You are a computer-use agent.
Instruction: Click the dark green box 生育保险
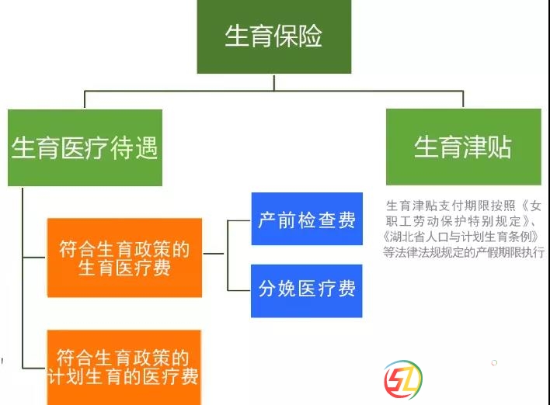pyautogui.click(x=274, y=36)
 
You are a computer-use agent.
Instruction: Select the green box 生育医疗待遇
pyautogui.click(x=85, y=147)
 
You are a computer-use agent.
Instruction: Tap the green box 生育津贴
pyautogui.click(x=463, y=147)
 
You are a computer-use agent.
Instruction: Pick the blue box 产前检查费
pyautogui.click(x=307, y=219)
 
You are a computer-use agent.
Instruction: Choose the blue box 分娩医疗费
pyautogui.click(x=307, y=291)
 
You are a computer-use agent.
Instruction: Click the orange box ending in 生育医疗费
pyautogui.click(x=124, y=258)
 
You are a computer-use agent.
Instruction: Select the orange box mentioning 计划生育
pyautogui.click(x=124, y=367)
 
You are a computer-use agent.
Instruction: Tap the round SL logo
pyautogui.click(x=403, y=379)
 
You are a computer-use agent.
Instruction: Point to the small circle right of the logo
pyautogui.click(x=494, y=362)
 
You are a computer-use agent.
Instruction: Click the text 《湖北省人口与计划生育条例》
pyautogui.click(x=461, y=237)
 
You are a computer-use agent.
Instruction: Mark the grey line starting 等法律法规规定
pyautogui.click(x=464, y=252)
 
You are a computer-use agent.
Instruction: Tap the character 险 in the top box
pyautogui.click(x=310, y=36)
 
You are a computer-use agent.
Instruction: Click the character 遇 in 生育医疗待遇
pyautogui.click(x=146, y=148)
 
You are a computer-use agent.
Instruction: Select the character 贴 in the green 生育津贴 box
pyautogui.click(x=500, y=147)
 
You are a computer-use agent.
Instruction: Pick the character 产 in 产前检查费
pyautogui.click(x=266, y=220)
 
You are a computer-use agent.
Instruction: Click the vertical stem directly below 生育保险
pyautogui.click(x=274, y=82)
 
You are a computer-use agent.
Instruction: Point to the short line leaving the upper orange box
pyautogui.click(x=214, y=253)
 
